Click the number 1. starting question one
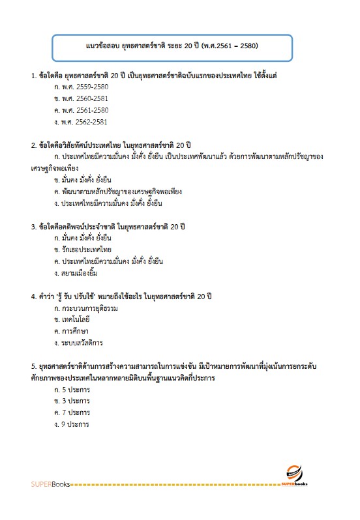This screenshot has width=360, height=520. click(33, 76)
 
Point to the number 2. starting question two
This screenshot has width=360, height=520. click(33, 144)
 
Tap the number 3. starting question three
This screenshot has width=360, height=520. click(33, 227)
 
